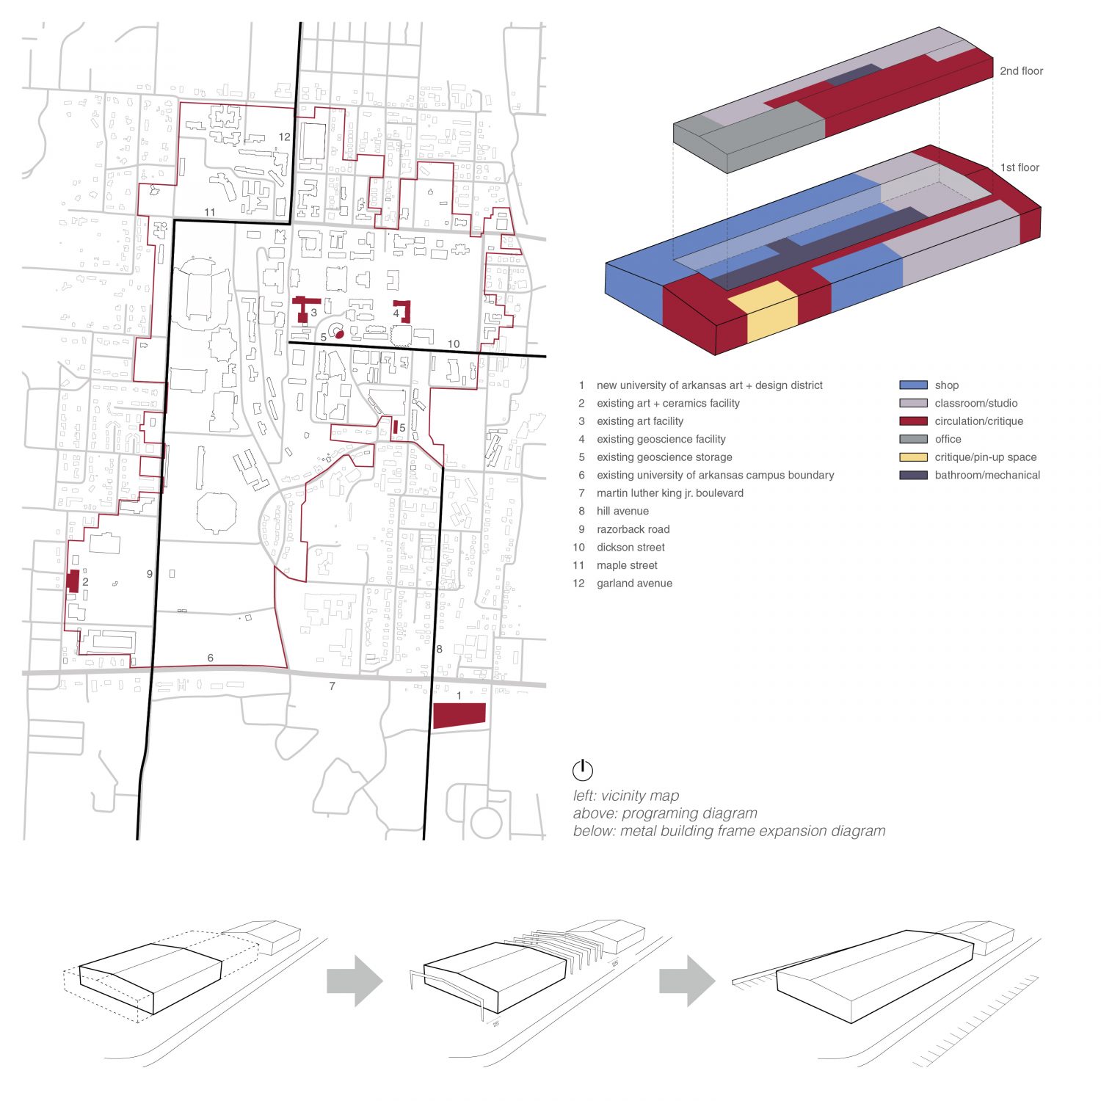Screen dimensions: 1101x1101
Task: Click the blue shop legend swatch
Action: [913, 385]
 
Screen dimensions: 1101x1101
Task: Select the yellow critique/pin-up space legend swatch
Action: [913, 457]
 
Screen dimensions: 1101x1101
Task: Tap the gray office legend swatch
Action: [913, 439]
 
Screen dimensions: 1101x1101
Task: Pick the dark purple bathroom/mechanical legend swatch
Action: [913, 475]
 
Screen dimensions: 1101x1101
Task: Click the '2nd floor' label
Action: [1021, 71]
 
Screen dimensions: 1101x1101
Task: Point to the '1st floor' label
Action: [1020, 167]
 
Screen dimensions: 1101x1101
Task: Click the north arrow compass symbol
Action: [582, 770]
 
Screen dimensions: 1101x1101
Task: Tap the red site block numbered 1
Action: [459, 716]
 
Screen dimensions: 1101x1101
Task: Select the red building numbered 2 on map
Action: [73, 581]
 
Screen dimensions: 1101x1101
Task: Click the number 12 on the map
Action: [285, 137]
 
